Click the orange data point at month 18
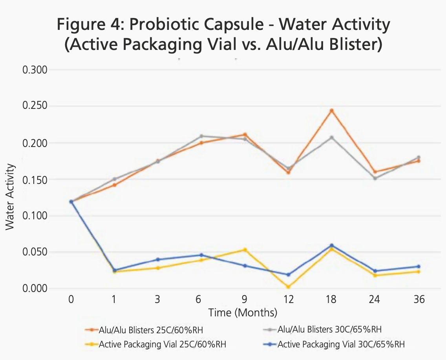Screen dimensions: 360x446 (x=331, y=110)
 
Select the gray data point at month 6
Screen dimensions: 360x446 (x=201, y=136)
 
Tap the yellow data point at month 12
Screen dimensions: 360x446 (x=288, y=287)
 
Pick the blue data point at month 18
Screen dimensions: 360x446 (x=331, y=245)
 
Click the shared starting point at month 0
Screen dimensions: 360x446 (x=71, y=202)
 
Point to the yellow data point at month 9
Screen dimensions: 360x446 (x=245, y=250)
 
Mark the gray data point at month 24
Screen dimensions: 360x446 (x=375, y=178)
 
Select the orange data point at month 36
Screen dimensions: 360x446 (x=419, y=161)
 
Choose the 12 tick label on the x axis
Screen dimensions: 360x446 (x=288, y=299)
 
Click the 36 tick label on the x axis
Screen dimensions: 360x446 (x=419, y=299)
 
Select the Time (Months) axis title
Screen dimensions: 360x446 (x=243, y=313)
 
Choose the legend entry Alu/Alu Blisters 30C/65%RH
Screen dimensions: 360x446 (x=329, y=329)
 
